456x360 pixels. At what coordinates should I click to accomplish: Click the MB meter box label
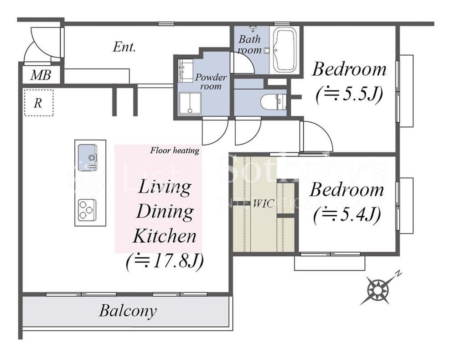coord(41,75)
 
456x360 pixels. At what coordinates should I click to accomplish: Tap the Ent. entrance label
coord(124,47)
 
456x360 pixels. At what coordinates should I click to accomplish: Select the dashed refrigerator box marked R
coord(39,103)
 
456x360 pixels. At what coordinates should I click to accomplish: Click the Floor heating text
coord(175,151)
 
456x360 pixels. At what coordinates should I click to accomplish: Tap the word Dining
coord(165,212)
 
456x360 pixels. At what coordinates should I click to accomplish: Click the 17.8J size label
coord(165,261)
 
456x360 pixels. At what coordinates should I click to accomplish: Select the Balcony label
coord(128,311)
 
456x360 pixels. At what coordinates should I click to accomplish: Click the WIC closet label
coord(264,203)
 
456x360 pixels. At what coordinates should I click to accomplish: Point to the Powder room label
coord(211,82)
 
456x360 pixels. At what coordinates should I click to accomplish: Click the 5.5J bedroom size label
coord(349,94)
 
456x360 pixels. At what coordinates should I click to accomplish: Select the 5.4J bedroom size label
coord(347,215)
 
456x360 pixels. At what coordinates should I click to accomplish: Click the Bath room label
coord(249,44)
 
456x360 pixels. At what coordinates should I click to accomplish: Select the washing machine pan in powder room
coord(190,104)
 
